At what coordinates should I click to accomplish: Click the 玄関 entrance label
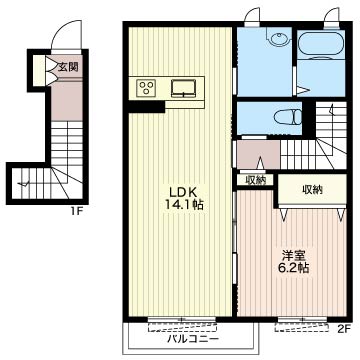click(68, 67)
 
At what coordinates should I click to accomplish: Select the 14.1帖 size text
click(183, 205)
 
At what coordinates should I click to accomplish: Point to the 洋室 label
click(293, 256)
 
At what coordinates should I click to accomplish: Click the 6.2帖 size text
click(293, 268)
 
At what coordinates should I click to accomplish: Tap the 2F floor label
click(343, 330)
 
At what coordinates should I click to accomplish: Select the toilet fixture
click(287, 117)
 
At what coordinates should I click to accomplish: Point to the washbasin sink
click(279, 39)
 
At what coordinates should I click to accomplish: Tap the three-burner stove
click(147, 87)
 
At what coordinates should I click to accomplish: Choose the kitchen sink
click(184, 88)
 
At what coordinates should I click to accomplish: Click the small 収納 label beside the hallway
click(256, 180)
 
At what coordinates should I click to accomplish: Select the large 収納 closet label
click(312, 190)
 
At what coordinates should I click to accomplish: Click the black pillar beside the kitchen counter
click(147, 107)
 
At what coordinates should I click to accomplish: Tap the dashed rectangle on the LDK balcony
click(182, 327)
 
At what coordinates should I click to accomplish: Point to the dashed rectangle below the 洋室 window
click(301, 327)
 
